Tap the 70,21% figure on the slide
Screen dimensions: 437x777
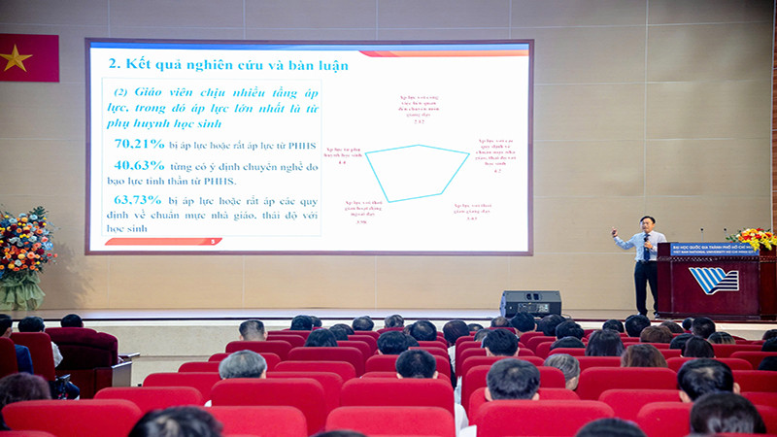138,144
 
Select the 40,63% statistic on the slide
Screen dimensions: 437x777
138,165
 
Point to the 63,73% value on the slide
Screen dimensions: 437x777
138,199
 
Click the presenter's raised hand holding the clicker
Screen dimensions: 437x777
615,234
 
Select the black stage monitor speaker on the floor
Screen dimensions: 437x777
530,303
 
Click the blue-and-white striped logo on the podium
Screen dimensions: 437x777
714,280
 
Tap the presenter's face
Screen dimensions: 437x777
646,224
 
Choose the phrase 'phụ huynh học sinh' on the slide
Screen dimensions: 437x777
165,123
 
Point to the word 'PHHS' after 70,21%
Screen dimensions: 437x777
300,145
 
